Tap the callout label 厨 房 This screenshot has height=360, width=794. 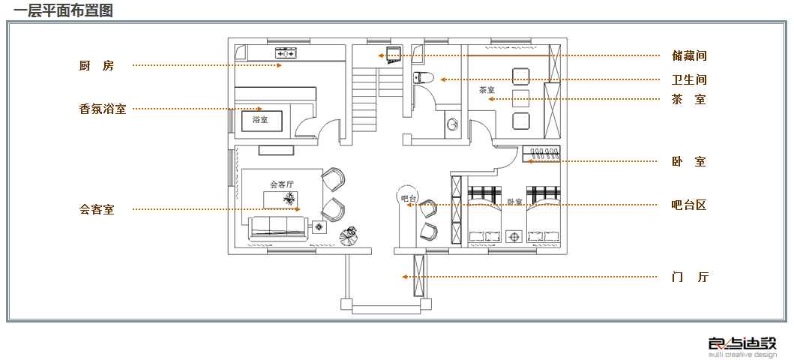[97, 66]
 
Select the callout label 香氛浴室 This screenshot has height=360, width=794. [103, 109]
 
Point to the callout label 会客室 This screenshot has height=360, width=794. [97, 209]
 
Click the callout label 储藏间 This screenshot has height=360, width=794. [689, 55]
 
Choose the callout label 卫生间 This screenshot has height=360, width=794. [689, 79]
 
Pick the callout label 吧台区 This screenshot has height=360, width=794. [689, 205]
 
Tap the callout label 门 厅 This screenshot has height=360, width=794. [689, 277]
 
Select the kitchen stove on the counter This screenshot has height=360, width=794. [286, 52]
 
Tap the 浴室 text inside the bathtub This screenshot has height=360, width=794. [260, 120]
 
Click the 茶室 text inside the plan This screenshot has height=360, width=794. [487, 90]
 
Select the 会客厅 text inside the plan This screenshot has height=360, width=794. [281, 184]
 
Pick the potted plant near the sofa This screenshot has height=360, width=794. [349, 235]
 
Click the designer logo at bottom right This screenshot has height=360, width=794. [742, 346]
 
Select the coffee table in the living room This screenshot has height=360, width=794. [282, 199]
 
